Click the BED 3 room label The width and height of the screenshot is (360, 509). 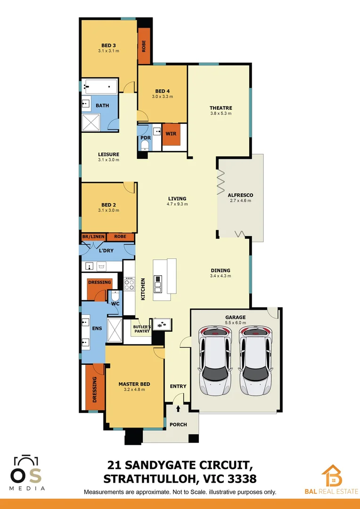coord(108,46)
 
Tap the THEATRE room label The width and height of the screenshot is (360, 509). coord(221,108)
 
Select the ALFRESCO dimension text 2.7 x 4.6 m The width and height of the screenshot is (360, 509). coord(240,200)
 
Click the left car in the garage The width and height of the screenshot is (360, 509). coord(215,361)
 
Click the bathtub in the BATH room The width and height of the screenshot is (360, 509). coord(100,86)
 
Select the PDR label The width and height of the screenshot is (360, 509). coord(145,138)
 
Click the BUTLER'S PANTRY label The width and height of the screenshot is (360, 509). coord(141,328)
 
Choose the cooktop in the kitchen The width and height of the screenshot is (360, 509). coord(129,284)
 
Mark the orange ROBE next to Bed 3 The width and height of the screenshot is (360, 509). coord(144,46)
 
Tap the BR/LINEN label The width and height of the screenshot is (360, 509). coord(93,237)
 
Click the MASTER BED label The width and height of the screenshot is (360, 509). coord(134,384)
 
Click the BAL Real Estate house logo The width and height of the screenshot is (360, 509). coord(332,476)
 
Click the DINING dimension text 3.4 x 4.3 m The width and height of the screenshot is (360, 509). coord(221,276)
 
